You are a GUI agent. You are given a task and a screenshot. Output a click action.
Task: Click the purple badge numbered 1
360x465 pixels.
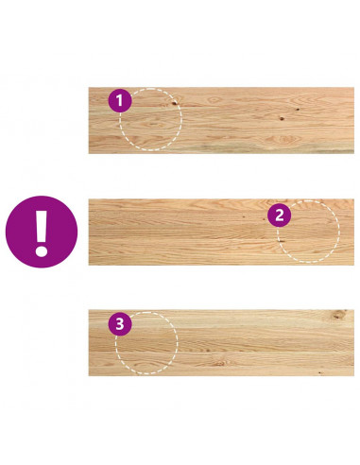click(120, 101)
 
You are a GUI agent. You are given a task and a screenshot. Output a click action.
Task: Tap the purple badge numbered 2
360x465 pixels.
click(279, 215)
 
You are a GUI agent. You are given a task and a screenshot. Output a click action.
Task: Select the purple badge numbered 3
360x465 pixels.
click(120, 324)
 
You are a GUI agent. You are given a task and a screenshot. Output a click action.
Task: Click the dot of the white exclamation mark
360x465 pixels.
click(42, 251)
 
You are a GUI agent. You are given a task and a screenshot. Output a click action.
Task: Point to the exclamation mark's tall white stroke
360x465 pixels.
click(42, 226)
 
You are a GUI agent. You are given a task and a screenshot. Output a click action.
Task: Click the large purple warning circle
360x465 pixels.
click(42, 232)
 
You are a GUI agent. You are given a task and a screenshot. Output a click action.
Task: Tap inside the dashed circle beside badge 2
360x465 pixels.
click(309, 232)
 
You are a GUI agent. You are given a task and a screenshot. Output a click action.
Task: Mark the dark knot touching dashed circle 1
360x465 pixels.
click(174, 102)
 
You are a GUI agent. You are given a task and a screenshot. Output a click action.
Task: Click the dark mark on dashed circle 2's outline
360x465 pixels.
click(281, 241)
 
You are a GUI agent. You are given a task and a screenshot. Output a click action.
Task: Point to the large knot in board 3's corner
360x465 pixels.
click(338, 315)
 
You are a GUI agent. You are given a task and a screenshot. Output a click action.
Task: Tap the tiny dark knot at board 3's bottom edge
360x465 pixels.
click(320, 373)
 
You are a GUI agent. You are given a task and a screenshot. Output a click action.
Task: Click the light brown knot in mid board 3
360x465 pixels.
click(220, 363)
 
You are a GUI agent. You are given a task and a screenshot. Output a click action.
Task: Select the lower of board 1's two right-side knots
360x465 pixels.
click(282, 119)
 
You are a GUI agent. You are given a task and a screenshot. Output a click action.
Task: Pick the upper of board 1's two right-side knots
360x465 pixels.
click(298, 110)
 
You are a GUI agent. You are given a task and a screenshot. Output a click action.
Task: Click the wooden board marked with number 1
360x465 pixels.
click(221, 120)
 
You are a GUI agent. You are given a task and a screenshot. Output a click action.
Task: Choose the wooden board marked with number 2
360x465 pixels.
click(221, 232)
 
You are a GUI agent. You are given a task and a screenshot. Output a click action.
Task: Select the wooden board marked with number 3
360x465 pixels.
click(221, 343)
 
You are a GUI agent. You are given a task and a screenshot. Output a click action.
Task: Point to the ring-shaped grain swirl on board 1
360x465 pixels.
click(214, 100)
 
